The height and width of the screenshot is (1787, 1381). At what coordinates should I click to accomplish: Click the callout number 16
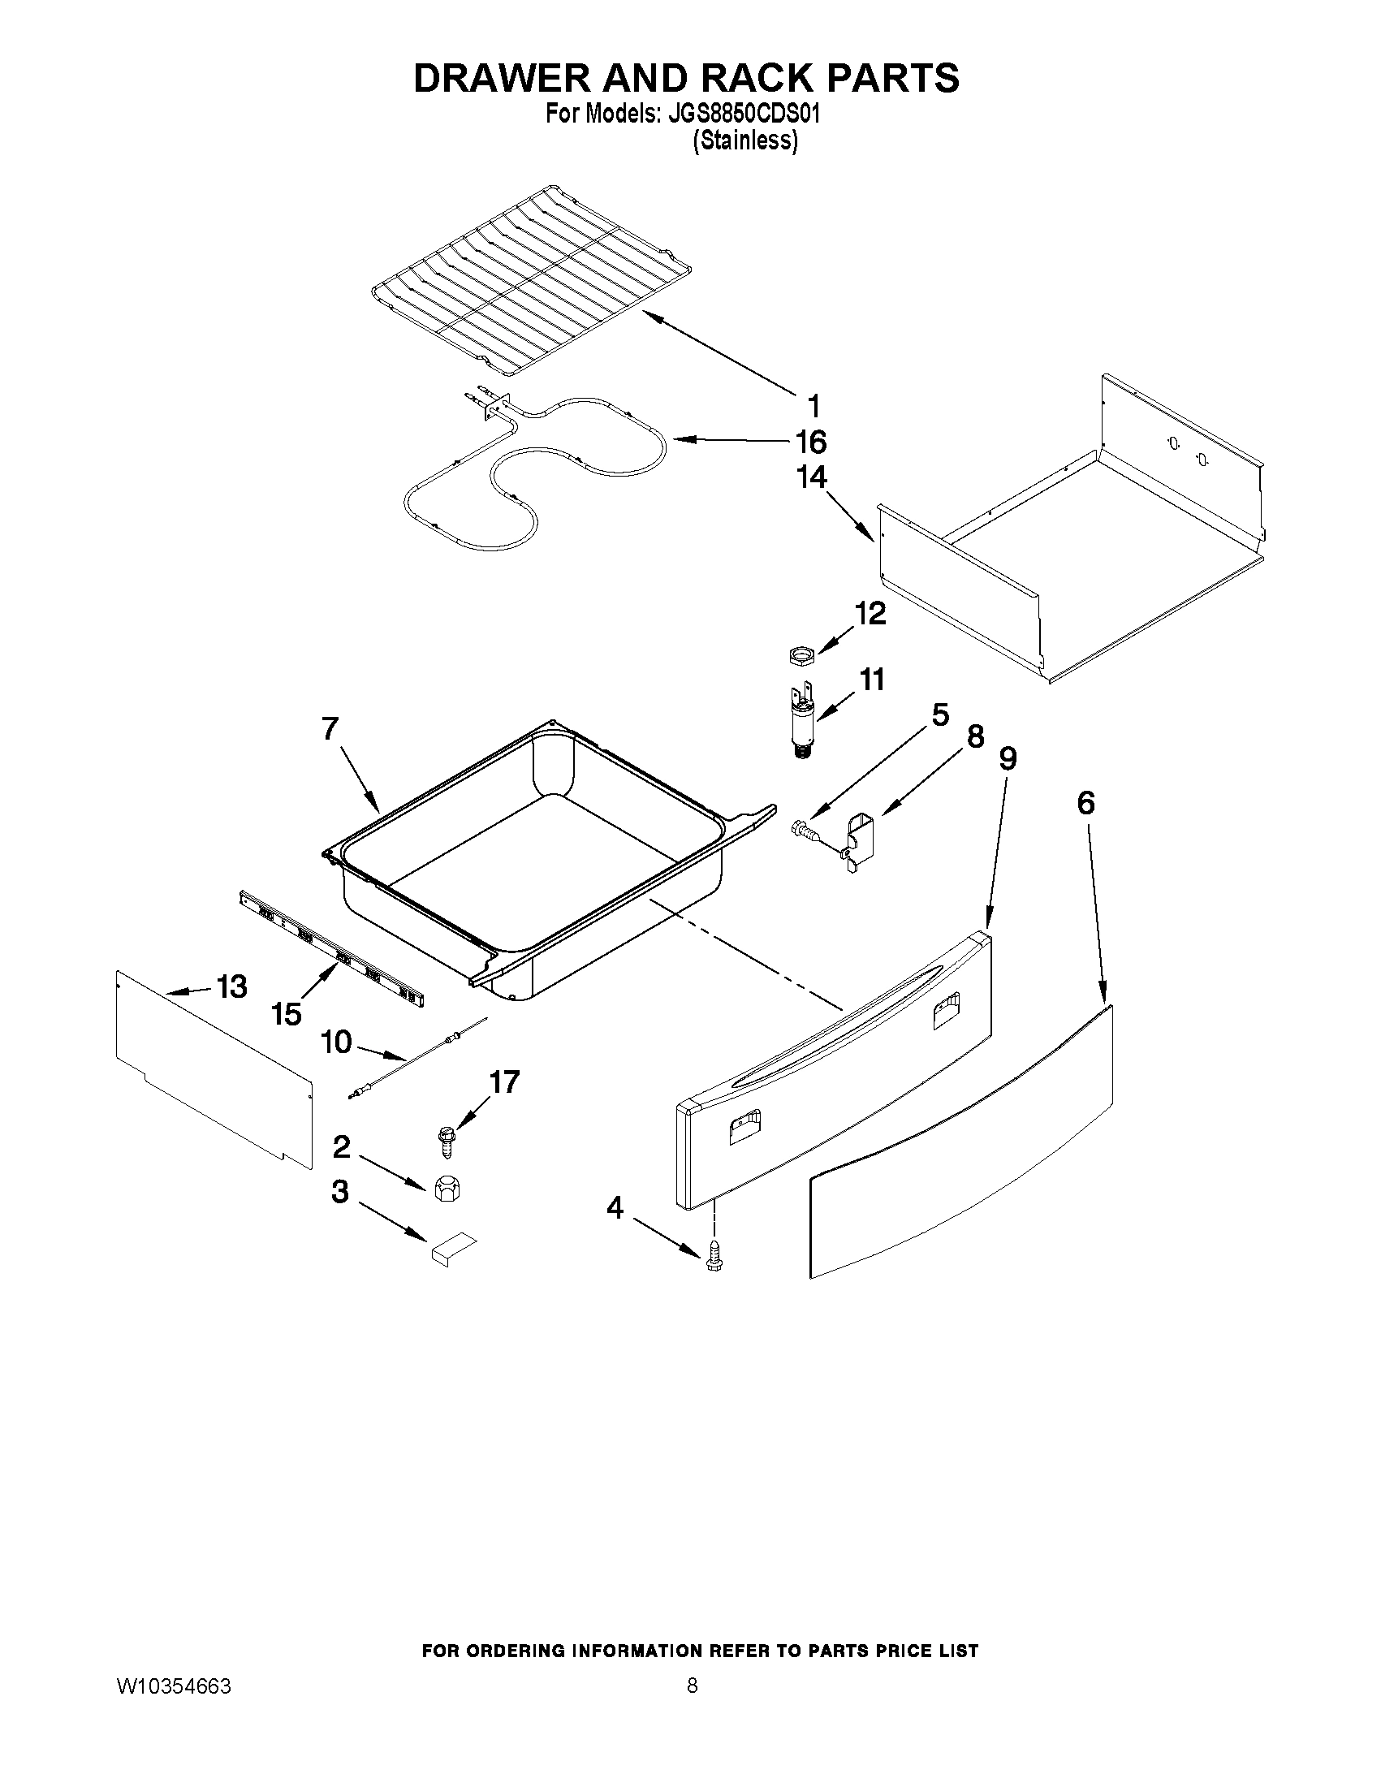[x=811, y=442]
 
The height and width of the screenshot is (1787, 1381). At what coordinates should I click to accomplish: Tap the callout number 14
[x=811, y=477]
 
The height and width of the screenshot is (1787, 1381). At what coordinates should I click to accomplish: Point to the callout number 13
[x=231, y=986]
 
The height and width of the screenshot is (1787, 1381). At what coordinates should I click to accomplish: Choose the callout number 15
[x=287, y=1015]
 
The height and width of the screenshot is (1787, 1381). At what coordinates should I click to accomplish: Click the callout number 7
[x=330, y=728]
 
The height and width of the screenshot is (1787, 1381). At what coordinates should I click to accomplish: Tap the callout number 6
[x=1085, y=804]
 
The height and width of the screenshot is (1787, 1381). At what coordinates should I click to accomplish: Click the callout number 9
[x=1008, y=759]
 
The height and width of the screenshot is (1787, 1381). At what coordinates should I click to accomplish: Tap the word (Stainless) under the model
[x=744, y=141]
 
